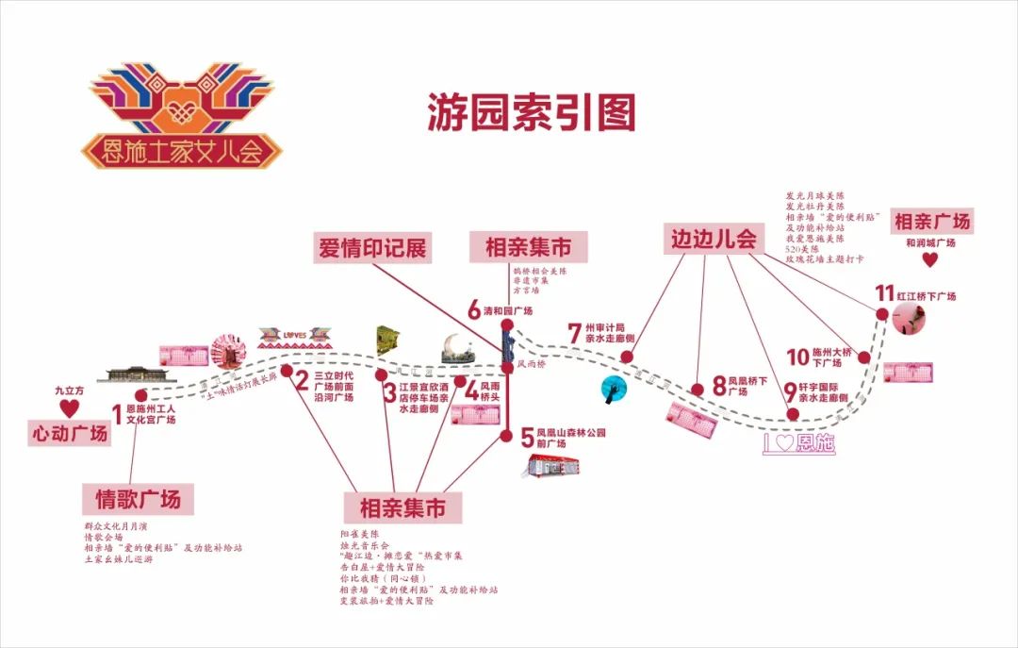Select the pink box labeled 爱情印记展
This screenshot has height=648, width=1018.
pos(372,249)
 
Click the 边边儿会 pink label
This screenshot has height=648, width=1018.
pos(714,239)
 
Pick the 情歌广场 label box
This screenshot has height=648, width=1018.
pos(139,498)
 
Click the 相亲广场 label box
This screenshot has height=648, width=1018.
pos(931,222)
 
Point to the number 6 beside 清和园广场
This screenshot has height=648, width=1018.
pos(474,309)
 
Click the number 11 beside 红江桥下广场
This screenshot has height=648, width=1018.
pos(883,293)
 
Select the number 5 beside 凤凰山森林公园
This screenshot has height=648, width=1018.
pos(527,437)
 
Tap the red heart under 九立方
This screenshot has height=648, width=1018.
pos(69,407)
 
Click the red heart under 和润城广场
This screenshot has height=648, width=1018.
pos(930,259)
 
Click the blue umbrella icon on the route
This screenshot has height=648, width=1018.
pos(613,387)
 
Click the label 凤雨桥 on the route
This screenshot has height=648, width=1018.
pos(530,362)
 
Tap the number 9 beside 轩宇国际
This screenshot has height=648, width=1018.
pos(790,389)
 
